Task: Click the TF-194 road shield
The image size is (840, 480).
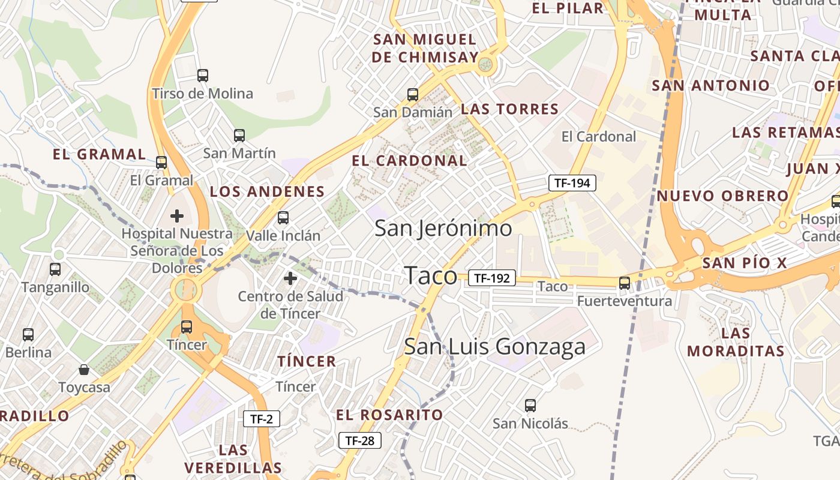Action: [572, 183]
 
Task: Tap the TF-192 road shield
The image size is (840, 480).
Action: [492, 278]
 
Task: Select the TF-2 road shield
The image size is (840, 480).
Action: [262, 419]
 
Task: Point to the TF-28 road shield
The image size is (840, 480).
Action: [360, 441]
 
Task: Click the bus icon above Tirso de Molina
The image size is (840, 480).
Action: [203, 76]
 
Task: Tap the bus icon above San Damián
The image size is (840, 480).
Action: [413, 94]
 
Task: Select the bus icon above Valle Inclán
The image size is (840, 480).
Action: [283, 218]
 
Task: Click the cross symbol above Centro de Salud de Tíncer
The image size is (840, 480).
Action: [290, 278]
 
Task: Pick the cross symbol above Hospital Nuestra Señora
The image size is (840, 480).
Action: [177, 215]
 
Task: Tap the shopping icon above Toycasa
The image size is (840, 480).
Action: [84, 370]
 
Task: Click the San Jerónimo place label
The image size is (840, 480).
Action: [443, 229]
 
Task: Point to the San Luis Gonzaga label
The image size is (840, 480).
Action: [495, 347]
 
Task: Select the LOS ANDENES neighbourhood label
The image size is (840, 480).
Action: [267, 192]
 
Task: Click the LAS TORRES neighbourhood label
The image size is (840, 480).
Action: [509, 109]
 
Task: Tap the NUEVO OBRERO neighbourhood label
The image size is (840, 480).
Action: [722, 196]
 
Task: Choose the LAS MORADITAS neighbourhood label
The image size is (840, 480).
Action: [736, 342]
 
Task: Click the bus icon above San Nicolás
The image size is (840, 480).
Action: [530, 406]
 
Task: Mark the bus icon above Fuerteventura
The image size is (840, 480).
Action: [625, 283]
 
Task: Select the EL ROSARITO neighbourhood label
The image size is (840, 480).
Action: [389, 415]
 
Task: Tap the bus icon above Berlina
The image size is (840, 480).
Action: [28, 335]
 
